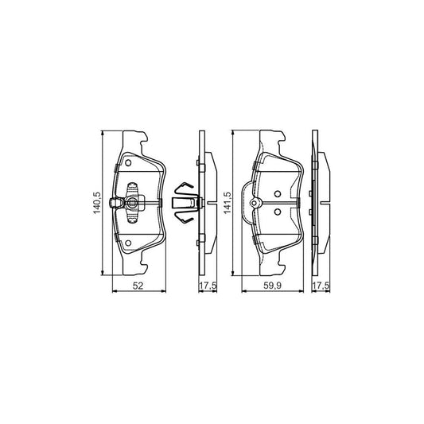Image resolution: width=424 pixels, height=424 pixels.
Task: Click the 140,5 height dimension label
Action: tap(97, 203)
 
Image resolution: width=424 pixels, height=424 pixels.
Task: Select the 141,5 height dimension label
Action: tap(228, 203)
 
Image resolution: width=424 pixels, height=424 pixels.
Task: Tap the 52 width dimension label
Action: tap(138, 286)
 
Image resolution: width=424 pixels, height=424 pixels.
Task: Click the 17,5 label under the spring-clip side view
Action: tap(208, 286)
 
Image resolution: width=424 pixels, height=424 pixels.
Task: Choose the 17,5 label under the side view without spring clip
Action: tap(321, 286)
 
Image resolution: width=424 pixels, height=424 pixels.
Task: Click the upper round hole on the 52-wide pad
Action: tap(128, 163)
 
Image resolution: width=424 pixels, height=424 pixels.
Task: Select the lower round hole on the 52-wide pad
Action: tap(128, 243)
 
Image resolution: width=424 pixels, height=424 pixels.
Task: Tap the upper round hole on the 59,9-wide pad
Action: tap(278, 194)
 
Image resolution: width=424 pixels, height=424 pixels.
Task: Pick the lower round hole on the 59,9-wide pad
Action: tap(278, 212)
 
